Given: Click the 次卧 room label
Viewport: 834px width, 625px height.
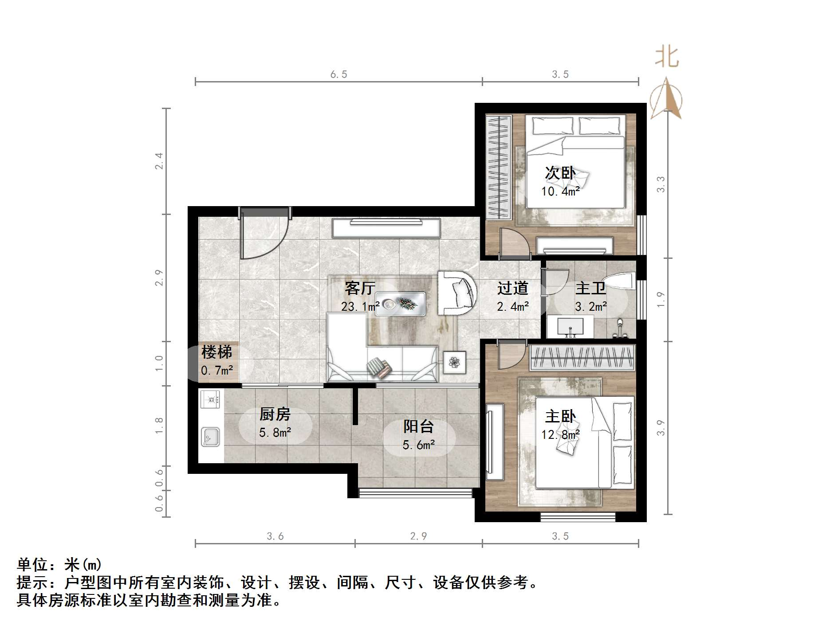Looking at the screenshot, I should pos(560,173).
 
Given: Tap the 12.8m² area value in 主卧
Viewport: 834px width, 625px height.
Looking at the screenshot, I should pos(560,435).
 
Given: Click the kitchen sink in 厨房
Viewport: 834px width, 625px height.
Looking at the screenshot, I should pos(210,437).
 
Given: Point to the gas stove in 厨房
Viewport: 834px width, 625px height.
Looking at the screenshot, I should pos(210,399).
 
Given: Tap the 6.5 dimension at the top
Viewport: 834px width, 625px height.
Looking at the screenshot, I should pos(338,74).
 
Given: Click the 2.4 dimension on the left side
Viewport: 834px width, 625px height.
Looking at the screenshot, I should pos(159,161).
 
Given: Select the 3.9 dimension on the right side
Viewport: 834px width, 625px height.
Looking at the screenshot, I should pos(661,428).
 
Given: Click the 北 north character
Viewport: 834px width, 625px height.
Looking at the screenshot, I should pos(667,58).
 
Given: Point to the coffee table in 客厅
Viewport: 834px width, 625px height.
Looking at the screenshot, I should pos(401,304).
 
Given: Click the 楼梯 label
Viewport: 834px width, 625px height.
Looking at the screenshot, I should pos(216,352).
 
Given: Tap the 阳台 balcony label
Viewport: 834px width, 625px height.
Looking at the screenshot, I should pos(418,426).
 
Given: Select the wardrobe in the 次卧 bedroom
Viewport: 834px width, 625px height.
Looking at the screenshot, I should pos(498,167).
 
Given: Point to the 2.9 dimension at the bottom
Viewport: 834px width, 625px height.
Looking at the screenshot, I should pos(418,536).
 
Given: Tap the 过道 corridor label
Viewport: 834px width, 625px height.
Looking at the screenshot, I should pos(512,288).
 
